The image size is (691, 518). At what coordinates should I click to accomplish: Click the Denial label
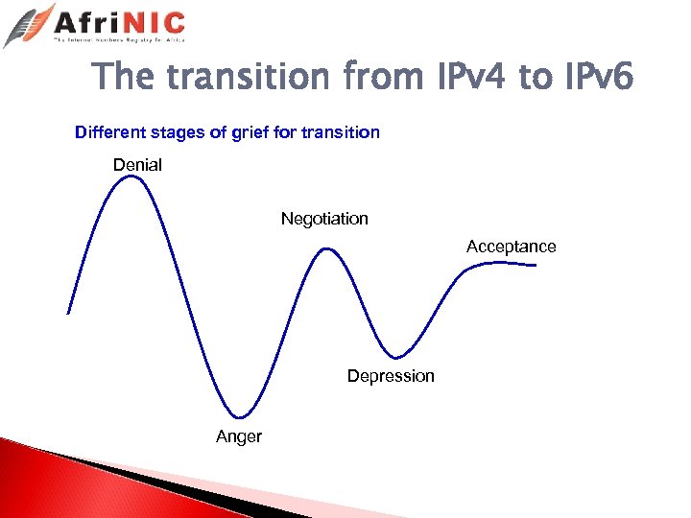pos(137,165)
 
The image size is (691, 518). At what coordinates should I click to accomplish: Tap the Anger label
pos(239,437)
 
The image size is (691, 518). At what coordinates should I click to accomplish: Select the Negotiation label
pos(324,219)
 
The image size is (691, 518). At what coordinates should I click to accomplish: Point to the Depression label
pos(391,376)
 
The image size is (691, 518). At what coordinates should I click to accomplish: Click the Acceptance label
pos(511,247)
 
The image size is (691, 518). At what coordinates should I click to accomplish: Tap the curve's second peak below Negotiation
pos(327,249)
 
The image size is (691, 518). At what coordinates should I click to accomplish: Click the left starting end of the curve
pos(68,313)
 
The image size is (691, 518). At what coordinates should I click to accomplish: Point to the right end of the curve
pos(535,265)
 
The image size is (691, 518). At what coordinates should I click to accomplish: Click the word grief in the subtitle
pos(250,132)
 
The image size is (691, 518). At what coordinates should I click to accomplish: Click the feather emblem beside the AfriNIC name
pos(28,24)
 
